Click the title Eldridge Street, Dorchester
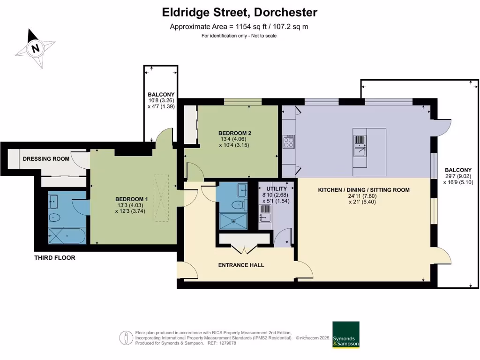coord(240,12)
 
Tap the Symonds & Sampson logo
coord(345,335)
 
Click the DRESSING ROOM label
coord(46,159)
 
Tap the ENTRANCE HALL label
coord(241,265)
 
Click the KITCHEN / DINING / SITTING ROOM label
coord(364,190)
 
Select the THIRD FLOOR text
coord(55,258)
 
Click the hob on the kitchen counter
coord(289,142)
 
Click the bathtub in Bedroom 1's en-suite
coord(66,235)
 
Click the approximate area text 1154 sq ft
coord(239,27)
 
